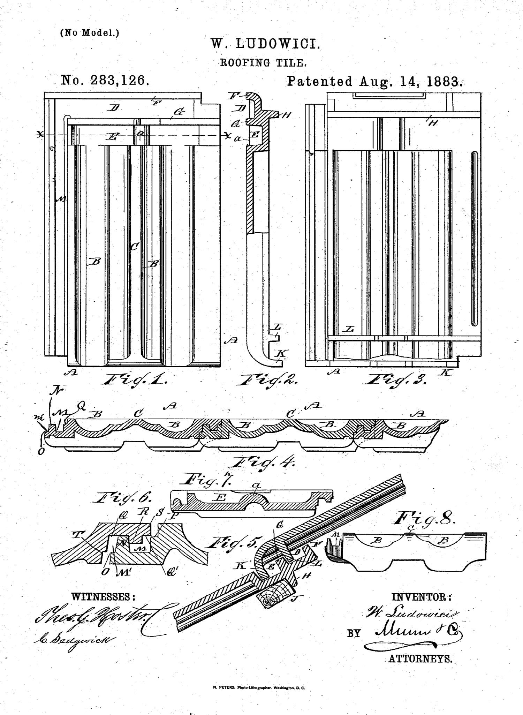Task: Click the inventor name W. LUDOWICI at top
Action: pyautogui.click(x=265, y=44)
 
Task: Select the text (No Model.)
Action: pyautogui.click(x=90, y=33)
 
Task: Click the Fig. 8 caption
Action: pyautogui.click(x=425, y=519)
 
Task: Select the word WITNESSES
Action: pyautogui.click(x=103, y=597)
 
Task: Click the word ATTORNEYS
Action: pyautogui.click(x=420, y=659)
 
